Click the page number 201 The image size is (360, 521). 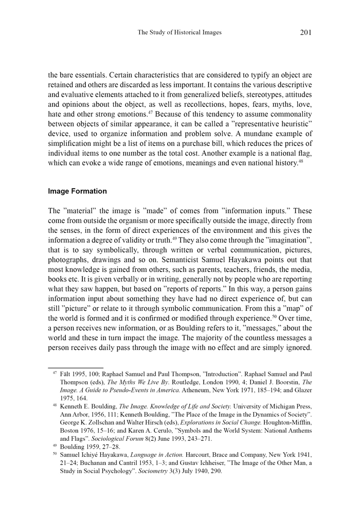click(305, 32)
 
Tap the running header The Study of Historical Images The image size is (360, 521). click(179, 32)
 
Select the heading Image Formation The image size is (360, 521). click(77, 191)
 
